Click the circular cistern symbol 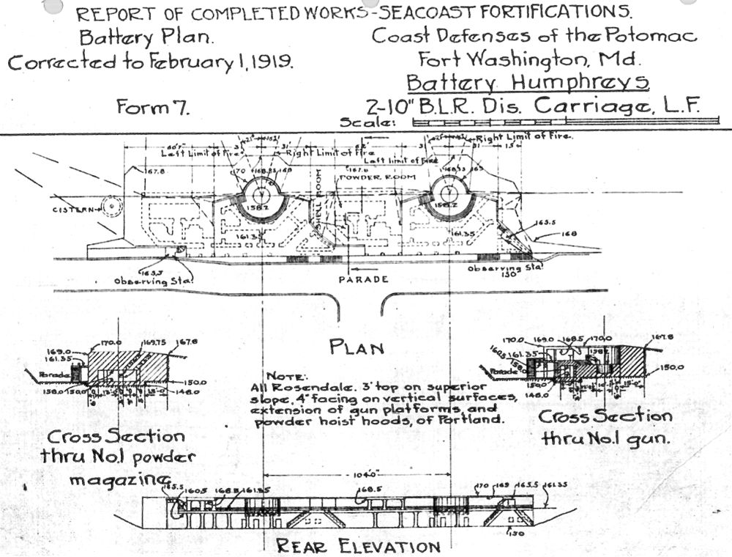click(x=111, y=207)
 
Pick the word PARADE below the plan click(x=363, y=279)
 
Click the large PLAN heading click(x=357, y=347)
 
